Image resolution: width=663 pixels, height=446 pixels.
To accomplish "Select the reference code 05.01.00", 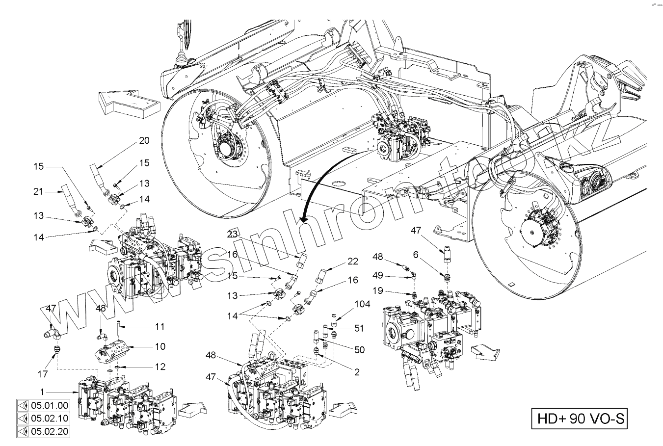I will [x=49, y=406].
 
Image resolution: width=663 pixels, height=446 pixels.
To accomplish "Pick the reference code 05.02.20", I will [x=49, y=432].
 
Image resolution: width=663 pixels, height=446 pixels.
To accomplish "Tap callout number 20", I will [x=144, y=141].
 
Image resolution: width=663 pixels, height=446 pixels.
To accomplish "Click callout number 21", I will [x=38, y=191].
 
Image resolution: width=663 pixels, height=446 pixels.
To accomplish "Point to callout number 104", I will [x=363, y=304].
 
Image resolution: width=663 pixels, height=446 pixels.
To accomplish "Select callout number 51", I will [x=359, y=329].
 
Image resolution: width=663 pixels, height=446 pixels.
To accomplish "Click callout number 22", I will [x=353, y=262].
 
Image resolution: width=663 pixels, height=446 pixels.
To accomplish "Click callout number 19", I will [x=377, y=290].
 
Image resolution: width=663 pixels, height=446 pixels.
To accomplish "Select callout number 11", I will [x=160, y=326].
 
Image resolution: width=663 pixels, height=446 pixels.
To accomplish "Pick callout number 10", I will [x=160, y=346].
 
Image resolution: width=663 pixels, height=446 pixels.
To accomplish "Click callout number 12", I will [x=160, y=367].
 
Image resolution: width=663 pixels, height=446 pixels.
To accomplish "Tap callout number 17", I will [x=43, y=374].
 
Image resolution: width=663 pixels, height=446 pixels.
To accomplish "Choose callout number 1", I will [x=43, y=392].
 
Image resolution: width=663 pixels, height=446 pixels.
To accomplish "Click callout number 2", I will [x=357, y=372].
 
